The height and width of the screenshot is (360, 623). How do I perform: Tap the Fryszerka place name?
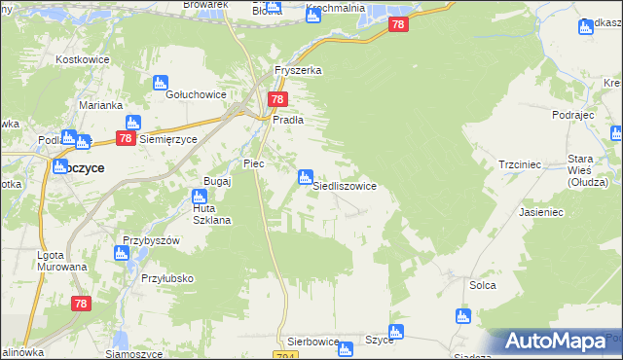[298, 71]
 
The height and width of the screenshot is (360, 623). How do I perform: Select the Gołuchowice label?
[196, 94]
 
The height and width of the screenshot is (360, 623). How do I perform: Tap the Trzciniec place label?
[519, 165]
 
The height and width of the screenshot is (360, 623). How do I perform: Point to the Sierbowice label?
[312, 342]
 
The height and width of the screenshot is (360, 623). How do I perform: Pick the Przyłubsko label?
[166, 278]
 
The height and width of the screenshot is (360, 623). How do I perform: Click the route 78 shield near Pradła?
[277, 99]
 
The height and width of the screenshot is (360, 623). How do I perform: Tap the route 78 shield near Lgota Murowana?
[81, 304]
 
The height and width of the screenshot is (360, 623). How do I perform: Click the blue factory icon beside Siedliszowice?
[305, 176]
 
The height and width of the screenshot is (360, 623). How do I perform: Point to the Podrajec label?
[571, 115]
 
